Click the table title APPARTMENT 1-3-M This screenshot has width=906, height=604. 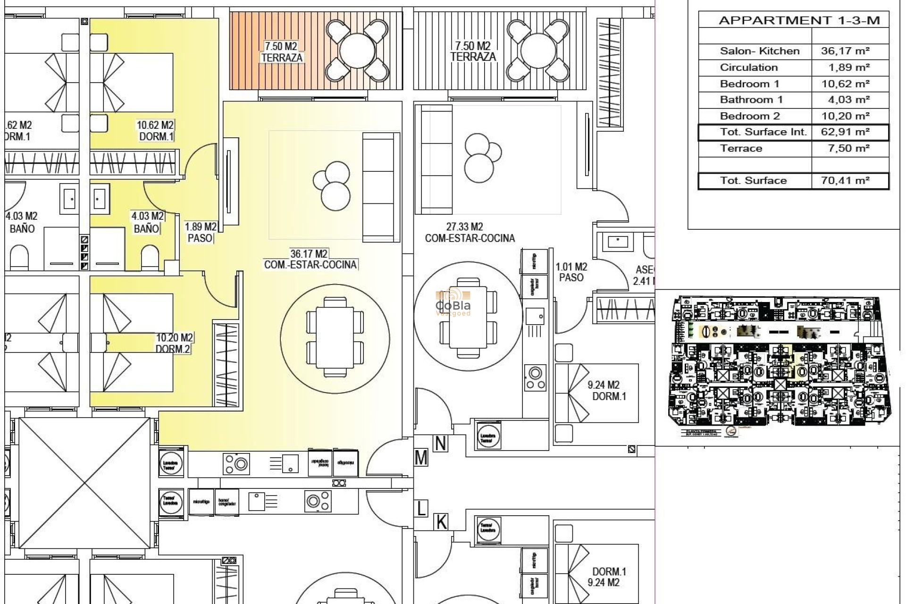pyautogui.click(x=799, y=20)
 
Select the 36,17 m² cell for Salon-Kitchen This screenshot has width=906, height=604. pyautogui.click(x=845, y=51)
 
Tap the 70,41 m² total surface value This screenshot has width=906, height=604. pyautogui.click(x=845, y=181)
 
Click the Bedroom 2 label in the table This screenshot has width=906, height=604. pyautogui.click(x=750, y=116)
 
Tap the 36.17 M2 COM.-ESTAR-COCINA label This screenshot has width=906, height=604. pyautogui.click(x=310, y=260)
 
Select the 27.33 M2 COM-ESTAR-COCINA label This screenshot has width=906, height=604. pyautogui.click(x=470, y=233)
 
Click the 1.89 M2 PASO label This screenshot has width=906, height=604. pyautogui.click(x=201, y=233)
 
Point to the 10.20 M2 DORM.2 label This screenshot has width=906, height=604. pyautogui.click(x=174, y=344)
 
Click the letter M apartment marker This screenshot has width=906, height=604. pyautogui.click(x=421, y=458)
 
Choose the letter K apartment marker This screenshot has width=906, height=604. pyautogui.click(x=441, y=522)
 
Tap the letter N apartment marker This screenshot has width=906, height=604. pyautogui.click(x=440, y=444)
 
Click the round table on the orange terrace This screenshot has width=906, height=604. pyautogui.click(x=357, y=51)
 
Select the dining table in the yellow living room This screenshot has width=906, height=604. pyautogui.click(x=335, y=337)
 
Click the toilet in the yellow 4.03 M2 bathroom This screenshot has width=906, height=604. pyautogui.click(x=150, y=258)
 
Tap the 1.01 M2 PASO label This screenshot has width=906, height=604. pyautogui.click(x=571, y=272)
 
